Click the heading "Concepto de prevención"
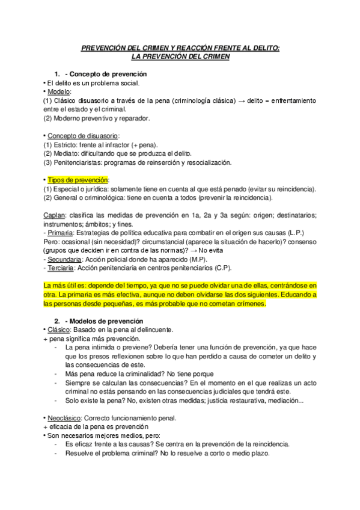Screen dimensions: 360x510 109,74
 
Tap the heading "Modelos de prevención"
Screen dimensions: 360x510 106,321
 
